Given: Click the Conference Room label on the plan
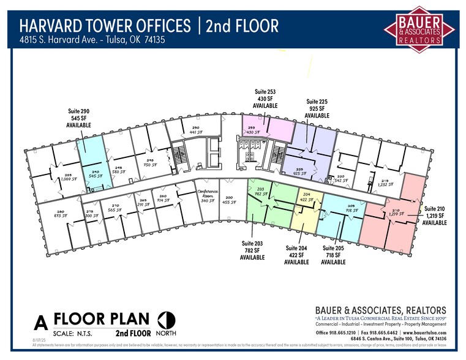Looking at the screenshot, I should [x=207, y=195].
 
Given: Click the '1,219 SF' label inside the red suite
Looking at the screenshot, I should [x=396, y=214].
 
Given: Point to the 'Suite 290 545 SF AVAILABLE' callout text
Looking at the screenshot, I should [x=78, y=118].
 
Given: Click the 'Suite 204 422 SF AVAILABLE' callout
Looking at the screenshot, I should [x=296, y=255].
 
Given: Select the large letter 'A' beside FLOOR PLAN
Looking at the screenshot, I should [x=41, y=322].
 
